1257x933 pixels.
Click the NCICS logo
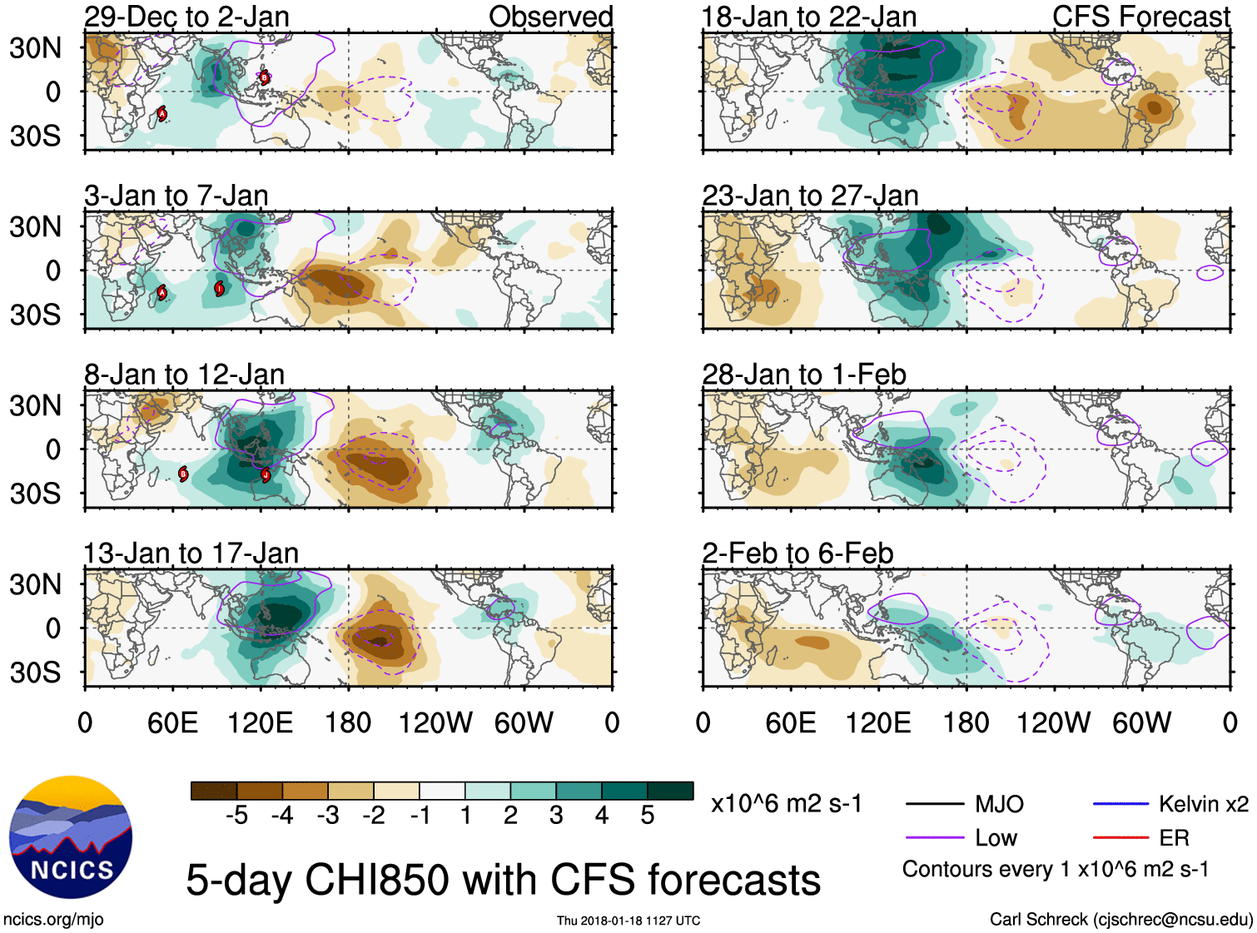pos(71,837)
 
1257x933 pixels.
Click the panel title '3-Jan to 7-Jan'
pos(176,196)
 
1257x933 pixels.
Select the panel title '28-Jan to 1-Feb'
pos(804,375)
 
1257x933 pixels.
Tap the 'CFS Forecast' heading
pos(1140,17)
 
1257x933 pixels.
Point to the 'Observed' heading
pos(550,17)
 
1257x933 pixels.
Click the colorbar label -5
pos(236,816)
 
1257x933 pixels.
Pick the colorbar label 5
pos(648,816)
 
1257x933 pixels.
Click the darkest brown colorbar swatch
pos(213,791)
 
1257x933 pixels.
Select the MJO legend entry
pos(999,804)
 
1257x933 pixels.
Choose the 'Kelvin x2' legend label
pos(1203,804)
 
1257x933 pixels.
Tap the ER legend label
pos(1174,838)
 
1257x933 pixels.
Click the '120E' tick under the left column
pos(261,722)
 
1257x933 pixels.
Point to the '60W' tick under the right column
pos(1141,722)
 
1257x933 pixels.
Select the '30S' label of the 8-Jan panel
pos(35,494)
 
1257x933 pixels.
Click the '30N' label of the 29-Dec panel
pos(35,48)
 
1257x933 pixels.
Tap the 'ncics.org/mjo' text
pos(53,920)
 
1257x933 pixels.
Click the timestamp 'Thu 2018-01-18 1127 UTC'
pos(628,921)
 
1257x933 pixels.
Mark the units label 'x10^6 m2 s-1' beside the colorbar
pos(787,804)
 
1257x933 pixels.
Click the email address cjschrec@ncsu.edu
pos(1173,920)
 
